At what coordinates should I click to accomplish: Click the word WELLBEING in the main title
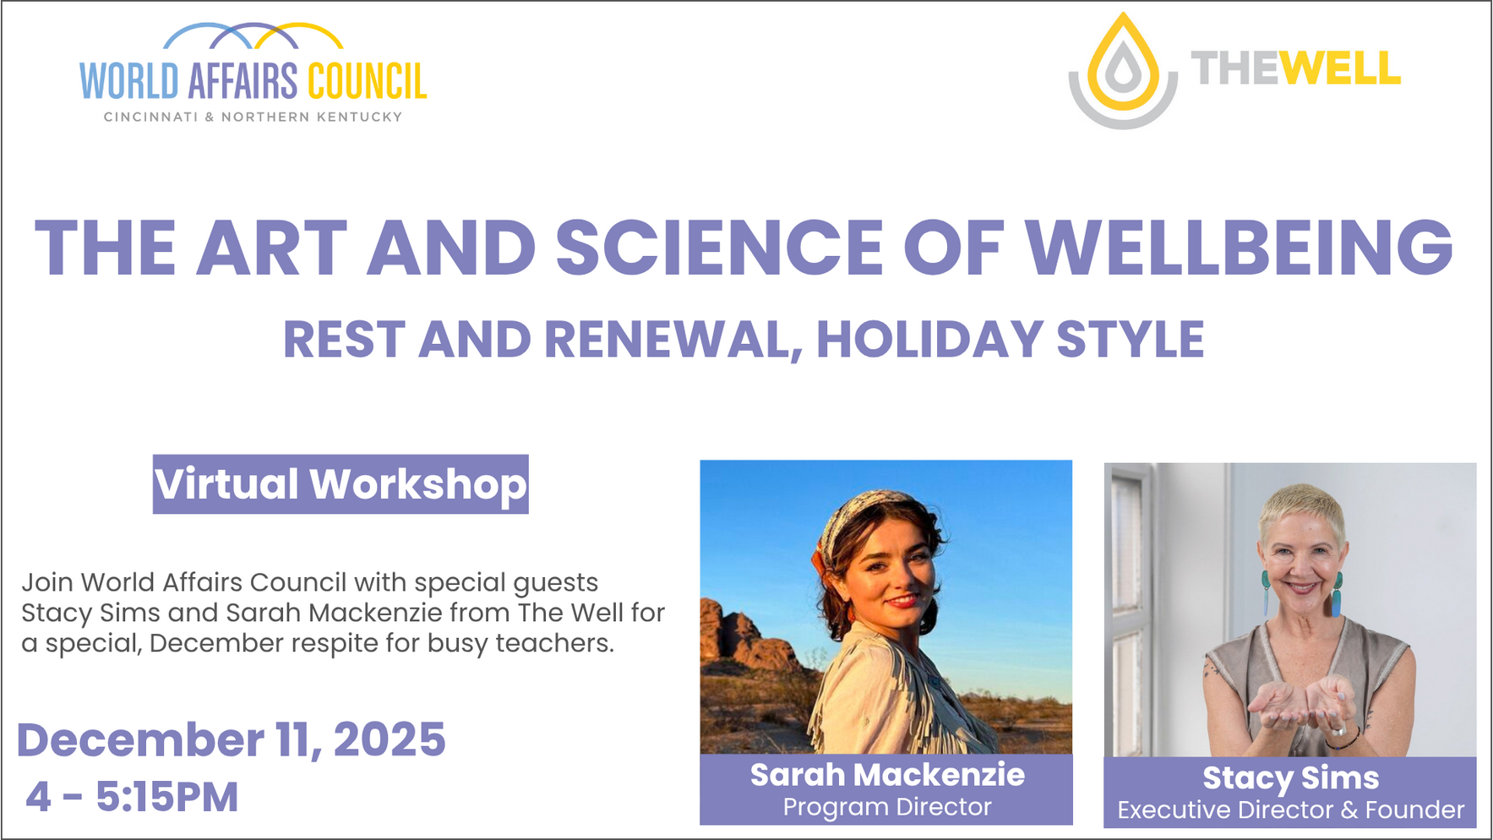tap(1239, 247)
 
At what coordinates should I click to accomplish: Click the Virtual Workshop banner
tap(341, 484)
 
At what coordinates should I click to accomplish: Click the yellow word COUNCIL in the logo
tap(367, 81)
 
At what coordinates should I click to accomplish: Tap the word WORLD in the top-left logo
tap(129, 81)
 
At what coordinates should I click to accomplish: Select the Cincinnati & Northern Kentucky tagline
tap(253, 117)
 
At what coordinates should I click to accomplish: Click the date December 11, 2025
tap(231, 739)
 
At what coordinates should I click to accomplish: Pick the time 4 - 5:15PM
tap(132, 797)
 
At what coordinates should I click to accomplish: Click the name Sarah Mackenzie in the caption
tap(887, 774)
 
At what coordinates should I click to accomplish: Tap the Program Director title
tap(887, 807)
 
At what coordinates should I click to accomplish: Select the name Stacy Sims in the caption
tap(1290, 777)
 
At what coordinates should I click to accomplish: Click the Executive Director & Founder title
tap(1290, 810)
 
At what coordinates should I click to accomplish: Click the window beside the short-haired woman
tap(1131, 608)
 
